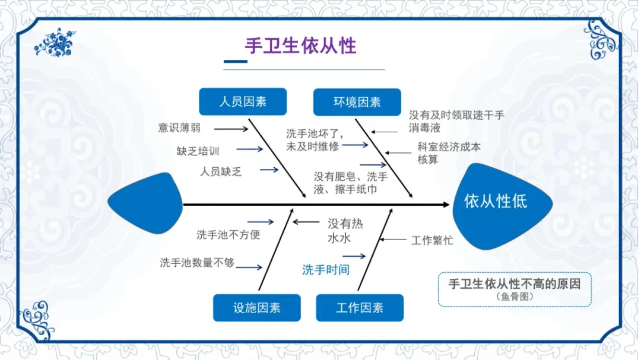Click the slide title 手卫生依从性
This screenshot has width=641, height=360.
(x=300, y=46)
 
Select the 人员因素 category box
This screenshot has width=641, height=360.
(x=243, y=101)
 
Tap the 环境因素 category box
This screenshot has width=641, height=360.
(x=357, y=102)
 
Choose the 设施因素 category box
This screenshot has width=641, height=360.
(x=256, y=308)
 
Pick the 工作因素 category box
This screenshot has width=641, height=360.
(x=360, y=308)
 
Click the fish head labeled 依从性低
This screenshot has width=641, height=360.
(x=496, y=201)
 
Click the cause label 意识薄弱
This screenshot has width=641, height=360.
(x=179, y=128)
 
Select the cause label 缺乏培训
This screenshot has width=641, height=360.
(x=198, y=151)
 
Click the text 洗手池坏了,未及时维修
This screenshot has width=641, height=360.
(x=313, y=140)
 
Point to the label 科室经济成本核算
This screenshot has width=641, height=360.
(x=449, y=153)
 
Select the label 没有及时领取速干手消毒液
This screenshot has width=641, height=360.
(x=456, y=121)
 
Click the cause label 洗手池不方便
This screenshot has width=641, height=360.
(x=229, y=234)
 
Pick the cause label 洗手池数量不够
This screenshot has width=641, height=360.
(x=197, y=262)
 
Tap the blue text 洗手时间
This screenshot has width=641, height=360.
(x=326, y=270)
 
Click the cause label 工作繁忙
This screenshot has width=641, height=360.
(x=432, y=240)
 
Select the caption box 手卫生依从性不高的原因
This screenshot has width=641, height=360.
(x=515, y=289)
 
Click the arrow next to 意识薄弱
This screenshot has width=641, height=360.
(x=231, y=128)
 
